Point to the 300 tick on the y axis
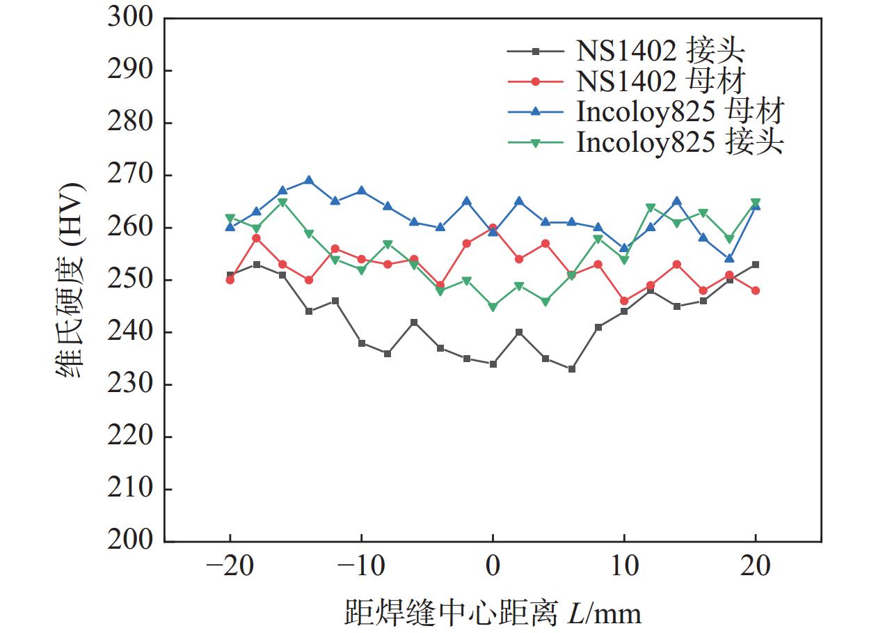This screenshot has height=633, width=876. pos(130,18)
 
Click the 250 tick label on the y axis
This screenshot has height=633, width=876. pos(130,280)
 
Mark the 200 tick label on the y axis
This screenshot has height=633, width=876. pos(130,541)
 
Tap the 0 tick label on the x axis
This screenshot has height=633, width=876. pos(493,566)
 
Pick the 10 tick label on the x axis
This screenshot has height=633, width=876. pos(624,566)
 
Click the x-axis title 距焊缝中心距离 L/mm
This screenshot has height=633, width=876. pos(493,612)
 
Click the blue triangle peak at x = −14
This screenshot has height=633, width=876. pos(309,180)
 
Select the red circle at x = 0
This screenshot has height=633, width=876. pos(493,228)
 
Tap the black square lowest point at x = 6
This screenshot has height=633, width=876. pos(572,369)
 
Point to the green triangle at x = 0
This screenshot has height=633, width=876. pos(493,306)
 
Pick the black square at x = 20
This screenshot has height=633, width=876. pos(756,265)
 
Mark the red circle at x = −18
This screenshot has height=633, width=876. pos(256,238)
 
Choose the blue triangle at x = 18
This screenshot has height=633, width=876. pos(729,259)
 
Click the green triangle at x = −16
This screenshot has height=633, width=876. pos(282,202)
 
